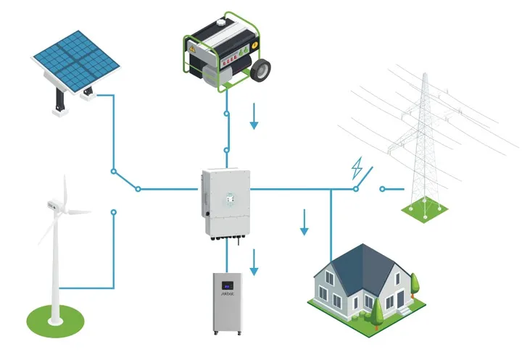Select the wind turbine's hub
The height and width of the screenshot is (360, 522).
pyautogui.click(x=58, y=207)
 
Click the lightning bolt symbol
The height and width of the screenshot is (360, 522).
pyautogui.click(x=357, y=168)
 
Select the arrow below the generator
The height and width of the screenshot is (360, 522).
pyautogui.click(x=254, y=117)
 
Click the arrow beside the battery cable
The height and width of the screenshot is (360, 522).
pyautogui.click(x=254, y=262)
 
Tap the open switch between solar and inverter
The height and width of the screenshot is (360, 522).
pyautogui.click(x=126, y=180)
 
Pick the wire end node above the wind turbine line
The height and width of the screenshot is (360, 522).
pyautogui.click(x=113, y=212)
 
